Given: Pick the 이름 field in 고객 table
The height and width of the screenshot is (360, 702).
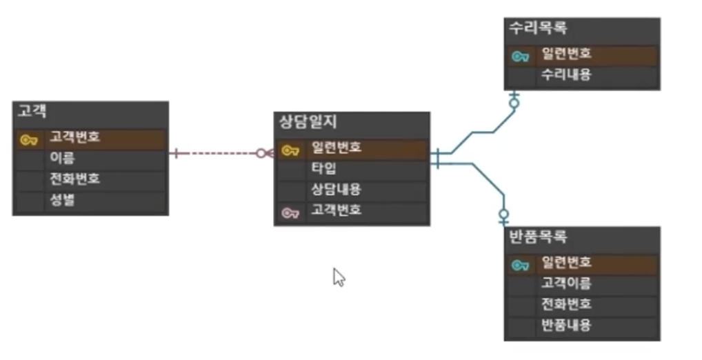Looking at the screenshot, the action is click(x=63, y=158).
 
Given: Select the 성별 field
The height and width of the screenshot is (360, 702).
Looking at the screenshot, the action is click(x=63, y=200).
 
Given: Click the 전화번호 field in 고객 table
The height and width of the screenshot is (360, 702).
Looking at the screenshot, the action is click(x=74, y=179).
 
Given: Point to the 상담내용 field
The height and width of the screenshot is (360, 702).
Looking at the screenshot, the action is click(x=336, y=189).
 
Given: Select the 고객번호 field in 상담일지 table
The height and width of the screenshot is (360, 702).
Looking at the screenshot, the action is click(x=336, y=210).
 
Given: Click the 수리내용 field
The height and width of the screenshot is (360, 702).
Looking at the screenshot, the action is click(x=566, y=74).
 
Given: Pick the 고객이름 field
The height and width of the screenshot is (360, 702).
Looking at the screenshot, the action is click(x=566, y=283).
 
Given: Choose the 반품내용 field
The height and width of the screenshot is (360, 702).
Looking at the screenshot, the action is click(x=566, y=325).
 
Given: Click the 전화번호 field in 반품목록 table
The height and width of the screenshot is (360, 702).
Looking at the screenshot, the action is click(x=566, y=304).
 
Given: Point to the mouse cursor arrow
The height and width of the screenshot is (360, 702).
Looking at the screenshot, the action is click(x=339, y=277).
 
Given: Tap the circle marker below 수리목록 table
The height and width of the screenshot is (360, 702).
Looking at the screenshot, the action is click(x=514, y=103).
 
